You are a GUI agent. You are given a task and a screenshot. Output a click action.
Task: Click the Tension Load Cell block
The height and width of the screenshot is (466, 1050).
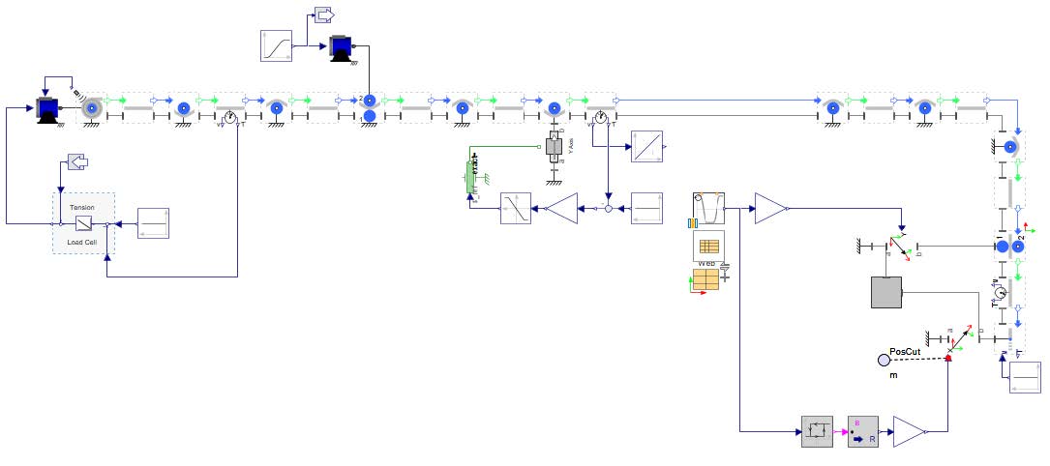click(83, 223)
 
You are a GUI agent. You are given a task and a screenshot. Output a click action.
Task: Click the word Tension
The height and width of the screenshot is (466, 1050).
click(82, 208)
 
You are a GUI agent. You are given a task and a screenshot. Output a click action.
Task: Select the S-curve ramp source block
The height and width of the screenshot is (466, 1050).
click(276, 45)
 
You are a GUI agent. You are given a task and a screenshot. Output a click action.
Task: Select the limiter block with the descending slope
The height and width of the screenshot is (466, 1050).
click(516, 208)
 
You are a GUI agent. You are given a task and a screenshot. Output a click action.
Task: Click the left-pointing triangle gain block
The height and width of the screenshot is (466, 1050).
click(560, 208)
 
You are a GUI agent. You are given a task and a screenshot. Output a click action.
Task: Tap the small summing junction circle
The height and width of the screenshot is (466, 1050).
click(607, 208)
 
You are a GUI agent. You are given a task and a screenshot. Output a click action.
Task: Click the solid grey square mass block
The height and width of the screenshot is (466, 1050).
click(885, 292)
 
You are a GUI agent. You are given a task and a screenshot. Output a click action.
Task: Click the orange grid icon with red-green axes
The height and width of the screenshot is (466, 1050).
click(705, 279)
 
